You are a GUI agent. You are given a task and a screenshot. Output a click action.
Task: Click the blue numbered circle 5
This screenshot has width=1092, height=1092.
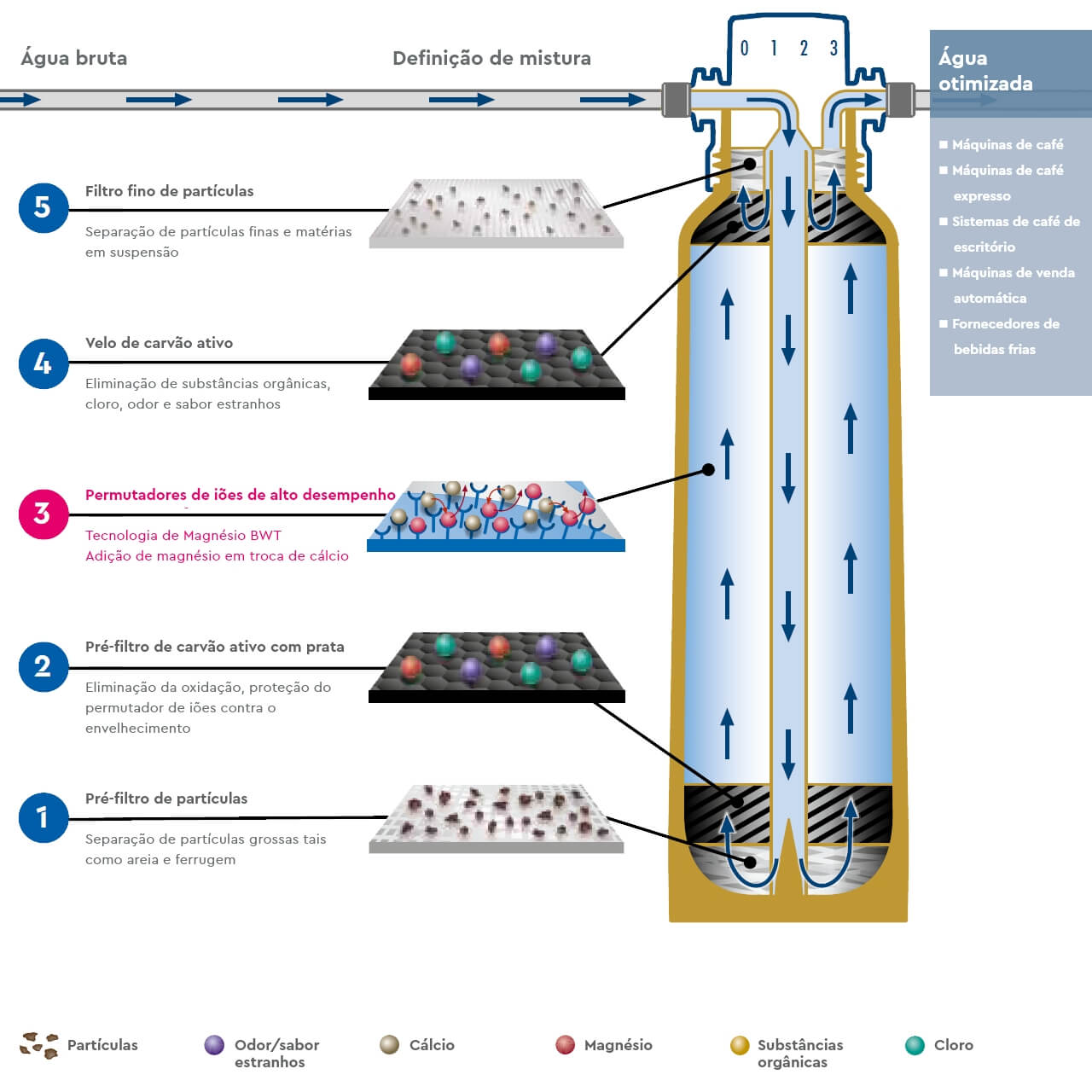click(44, 207)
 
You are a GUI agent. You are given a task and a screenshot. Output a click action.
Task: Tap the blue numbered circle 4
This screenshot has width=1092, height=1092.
click(44, 363)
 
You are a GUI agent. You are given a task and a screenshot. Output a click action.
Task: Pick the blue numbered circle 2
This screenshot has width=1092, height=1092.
click(44, 666)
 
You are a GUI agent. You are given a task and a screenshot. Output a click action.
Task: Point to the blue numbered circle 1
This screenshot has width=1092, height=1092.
click(44, 817)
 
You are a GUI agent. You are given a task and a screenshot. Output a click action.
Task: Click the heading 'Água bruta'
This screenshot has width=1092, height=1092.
click(74, 58)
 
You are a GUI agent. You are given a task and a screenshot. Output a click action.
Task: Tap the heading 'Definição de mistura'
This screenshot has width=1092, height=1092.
click(491, 58)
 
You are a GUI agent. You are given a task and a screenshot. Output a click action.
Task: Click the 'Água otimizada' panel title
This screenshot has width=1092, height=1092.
click(985, 71)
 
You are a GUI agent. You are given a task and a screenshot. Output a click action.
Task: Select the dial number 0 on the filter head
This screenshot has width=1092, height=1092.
click(745, 49)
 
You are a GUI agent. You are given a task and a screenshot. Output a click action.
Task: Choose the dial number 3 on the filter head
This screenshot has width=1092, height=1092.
click(834, 49)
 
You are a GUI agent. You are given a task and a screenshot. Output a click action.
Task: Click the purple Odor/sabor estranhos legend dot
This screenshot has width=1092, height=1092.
click(214, 1045)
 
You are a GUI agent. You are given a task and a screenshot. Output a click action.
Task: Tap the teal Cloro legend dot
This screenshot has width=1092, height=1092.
click(915, 1045)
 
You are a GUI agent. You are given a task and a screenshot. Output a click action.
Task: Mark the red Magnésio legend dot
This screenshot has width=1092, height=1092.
click(565, 1045)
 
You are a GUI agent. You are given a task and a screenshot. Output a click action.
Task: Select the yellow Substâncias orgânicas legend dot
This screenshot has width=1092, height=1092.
click(740, 1045)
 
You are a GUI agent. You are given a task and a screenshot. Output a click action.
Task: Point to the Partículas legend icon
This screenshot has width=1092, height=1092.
click(39, 1045)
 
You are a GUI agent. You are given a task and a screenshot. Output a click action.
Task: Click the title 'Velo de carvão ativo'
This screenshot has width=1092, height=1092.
click(159, 343)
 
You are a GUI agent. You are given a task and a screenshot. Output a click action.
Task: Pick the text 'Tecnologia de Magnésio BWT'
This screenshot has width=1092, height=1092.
click(183, 536)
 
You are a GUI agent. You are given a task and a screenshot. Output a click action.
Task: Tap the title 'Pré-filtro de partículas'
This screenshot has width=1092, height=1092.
click(166, 799)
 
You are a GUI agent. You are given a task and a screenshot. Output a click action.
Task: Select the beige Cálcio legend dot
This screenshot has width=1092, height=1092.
click(390, 1045)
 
